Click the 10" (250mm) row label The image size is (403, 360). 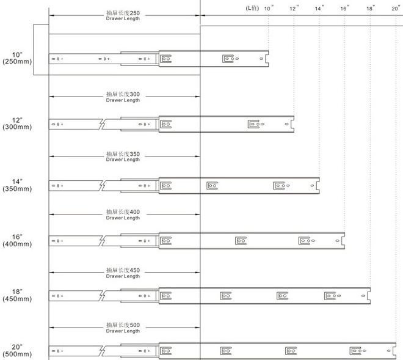point(17,58)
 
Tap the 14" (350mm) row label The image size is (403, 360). point(17,185)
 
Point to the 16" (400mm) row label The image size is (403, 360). point(17,240)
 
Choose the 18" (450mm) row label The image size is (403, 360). point(17,295)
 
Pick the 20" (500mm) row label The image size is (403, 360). point(17,351)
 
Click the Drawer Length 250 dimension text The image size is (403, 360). point(123,16)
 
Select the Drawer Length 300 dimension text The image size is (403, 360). point(123,97)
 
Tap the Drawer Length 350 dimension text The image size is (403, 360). point(123,156)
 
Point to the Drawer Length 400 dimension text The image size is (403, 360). point(123,215)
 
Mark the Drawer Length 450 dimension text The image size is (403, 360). point(123,272)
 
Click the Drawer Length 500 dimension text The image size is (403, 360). point(123,328)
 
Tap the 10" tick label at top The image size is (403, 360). point(269,8)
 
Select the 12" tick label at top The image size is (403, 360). point(294,8)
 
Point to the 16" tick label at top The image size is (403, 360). point(346,8)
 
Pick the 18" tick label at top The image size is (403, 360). point(371,8)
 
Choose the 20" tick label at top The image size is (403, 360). point(396,8)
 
